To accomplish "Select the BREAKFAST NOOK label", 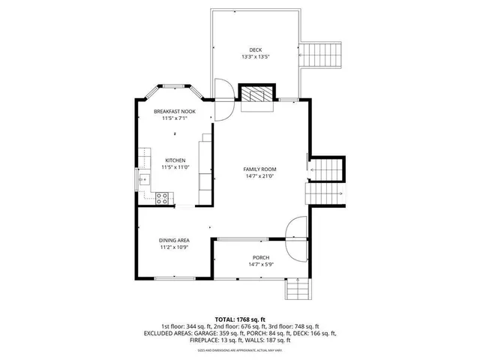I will point(175,111).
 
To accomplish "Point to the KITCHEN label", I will point(175,160).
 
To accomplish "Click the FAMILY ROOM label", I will point(259,169).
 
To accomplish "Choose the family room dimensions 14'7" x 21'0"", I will point(259,176).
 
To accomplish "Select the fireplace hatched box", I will point(256,94).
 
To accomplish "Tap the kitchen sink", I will point(141,179).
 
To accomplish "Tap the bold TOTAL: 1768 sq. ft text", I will point(239,319).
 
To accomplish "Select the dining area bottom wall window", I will point(172,278).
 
